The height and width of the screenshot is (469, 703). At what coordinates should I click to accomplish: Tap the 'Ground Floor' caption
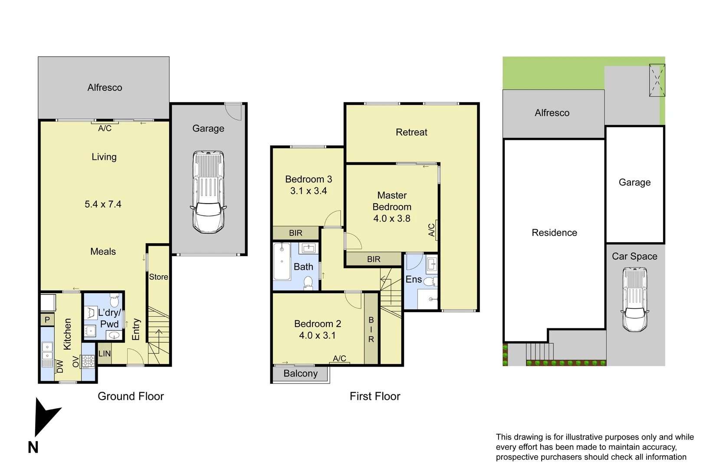pos(131,396)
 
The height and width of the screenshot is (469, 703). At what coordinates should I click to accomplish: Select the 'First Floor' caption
pos(375,396)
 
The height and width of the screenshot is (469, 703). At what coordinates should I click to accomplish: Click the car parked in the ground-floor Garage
pos(208,192)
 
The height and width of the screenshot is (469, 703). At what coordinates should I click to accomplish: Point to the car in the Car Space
pos(634,300)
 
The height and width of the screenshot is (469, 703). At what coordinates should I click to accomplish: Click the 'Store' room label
pos(158,277)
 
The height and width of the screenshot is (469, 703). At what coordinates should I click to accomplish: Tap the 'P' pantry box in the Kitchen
pos(47,320)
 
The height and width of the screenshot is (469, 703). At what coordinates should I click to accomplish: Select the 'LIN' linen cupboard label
pos(105,353)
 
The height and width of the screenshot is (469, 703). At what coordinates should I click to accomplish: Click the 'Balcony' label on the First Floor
pos(300,373)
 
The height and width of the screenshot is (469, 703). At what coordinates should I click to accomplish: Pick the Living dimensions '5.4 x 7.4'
pos(103,204)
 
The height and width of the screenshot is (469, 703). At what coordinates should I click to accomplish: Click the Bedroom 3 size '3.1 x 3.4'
pos(309,191)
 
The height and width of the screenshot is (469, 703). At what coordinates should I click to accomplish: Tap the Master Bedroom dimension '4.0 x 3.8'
pos(392,218)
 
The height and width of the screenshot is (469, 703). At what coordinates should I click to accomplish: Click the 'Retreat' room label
pos(411,132)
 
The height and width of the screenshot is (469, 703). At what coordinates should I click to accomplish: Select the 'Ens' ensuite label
pos(413,279)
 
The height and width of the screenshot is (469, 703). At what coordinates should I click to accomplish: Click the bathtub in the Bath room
pos(282,261)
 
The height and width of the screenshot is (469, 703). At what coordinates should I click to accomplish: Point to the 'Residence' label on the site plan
pos(554,233)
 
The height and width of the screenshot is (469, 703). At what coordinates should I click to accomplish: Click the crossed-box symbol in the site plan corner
pos(657,80)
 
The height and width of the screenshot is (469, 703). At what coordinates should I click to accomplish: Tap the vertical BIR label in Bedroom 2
pos(371,330)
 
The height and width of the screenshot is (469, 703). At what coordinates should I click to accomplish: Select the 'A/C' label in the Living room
pos(105,128)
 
